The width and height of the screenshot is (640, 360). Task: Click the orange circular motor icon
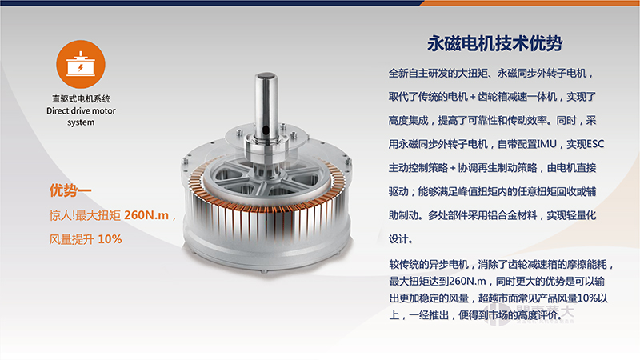pyautogui.click(x=81, y=64)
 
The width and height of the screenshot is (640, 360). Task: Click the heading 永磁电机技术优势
pyautogui.click(x=494, y=43)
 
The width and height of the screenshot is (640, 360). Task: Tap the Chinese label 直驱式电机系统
pyautogui.click(x=81, y=98)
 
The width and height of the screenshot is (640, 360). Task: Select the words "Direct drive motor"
pyautogui.click(x=81, y=110)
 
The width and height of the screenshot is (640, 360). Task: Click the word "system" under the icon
pyautogui.click(x=81, y=122)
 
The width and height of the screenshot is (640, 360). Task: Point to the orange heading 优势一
pyautogui.click(x=70, y=190)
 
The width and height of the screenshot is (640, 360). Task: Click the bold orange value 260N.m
pyautogui.click(x=146, y=215)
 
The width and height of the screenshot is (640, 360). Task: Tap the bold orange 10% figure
pyautogui.click(x=110, y=238)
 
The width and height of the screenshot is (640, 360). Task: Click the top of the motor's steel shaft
pyautogui.click(x=266, y=76)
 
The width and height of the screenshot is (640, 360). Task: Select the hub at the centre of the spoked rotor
pyautogui.click(x=266, y=176)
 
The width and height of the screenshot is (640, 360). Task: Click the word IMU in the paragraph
pyautogui.click(x=546, y=144)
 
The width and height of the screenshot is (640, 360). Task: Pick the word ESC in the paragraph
pyautogui.click(x=595, y=144)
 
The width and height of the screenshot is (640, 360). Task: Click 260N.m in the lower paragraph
pyautogui.click(x=467, y=282)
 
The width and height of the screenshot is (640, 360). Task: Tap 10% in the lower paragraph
pyautogui.click(x=587, y=298)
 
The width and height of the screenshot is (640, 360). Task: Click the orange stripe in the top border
pyautogui.click(x=530, y=3)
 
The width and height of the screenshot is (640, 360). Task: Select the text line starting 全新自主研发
pyautogui.click(x=490, y=73)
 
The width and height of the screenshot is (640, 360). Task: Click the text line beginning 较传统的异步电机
pyautogui.click(x=502, y=265)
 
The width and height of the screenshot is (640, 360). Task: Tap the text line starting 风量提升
pyautogui.click(x=86, y=238)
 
